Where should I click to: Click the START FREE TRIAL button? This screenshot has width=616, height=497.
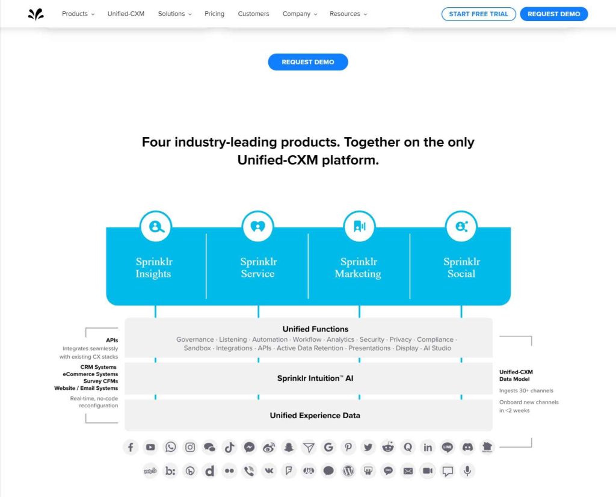click(478, 14)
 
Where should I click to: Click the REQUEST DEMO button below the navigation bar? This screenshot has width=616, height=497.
click(308, 62)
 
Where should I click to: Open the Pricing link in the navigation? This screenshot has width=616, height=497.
click(214, 14)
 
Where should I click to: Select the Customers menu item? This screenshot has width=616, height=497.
click(253, 14)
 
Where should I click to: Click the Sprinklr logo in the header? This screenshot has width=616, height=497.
click(36, 14)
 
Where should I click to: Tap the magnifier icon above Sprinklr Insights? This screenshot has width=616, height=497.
click(156, 227)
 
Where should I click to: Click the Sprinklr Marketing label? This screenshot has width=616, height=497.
click(358, 268)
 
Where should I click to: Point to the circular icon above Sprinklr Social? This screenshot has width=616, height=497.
click(461, 227)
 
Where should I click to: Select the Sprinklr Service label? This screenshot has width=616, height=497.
click(257, 268)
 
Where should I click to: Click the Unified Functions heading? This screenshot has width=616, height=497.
click(315, 329)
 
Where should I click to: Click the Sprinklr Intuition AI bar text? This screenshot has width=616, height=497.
click(315, 378)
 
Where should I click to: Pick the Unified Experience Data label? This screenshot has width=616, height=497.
click(315, 415)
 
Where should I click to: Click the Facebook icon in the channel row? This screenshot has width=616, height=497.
click(131, 447)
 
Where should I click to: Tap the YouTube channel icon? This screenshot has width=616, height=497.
click(150, 447)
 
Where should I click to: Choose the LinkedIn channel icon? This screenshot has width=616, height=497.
click(428, 447)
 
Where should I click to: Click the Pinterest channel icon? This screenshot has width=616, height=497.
click(348, 447)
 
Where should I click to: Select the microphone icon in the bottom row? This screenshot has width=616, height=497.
click(467, 471)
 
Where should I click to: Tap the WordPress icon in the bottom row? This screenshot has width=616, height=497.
click(348, 471)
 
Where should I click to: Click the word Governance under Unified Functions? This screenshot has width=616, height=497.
click(195, 339)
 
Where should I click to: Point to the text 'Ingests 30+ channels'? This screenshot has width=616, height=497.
click(526, 390)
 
